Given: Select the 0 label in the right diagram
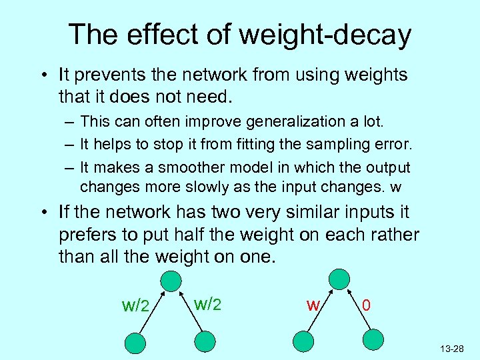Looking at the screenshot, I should (366, 306).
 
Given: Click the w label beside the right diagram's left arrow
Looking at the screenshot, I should (311, 305).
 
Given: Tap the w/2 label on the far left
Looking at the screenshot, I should (136, 306).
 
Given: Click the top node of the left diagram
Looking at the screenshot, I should (171, 279).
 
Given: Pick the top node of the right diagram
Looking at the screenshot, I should (339, 279).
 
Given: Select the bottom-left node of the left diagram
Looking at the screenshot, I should (137, 343).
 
